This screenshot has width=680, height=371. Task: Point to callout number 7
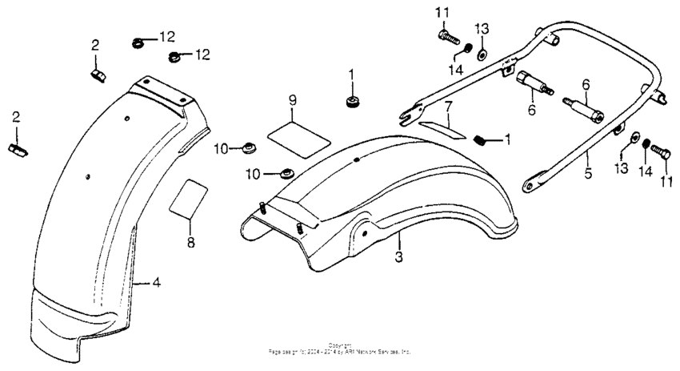(448, 106)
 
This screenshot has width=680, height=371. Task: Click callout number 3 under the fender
(397, 257)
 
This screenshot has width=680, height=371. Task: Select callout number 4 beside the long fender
(157, 282)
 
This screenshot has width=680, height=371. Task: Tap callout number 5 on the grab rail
(588, 173)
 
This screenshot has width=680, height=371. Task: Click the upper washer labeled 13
(482, 54)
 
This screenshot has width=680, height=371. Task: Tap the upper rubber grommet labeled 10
(249, 147)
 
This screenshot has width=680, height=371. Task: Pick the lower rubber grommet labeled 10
(284, 172)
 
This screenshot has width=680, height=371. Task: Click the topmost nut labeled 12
(138, 40)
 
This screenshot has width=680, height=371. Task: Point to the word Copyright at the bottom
(340, 345)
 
